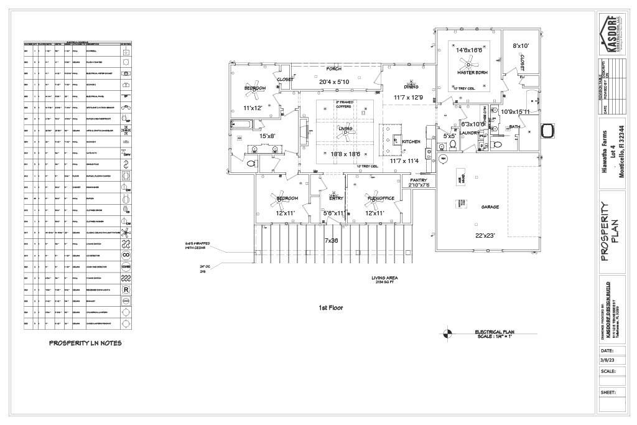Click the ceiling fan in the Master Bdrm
[468, 63]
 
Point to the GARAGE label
[490, 207]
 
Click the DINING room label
[411, 86]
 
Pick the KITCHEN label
[411, 142]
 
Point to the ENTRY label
[336, 198]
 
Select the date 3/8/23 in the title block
[608, 360]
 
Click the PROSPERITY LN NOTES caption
[85, 343]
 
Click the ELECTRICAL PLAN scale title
[496, 334]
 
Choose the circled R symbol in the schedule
[126, 289]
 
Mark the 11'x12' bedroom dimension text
[253, 108]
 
